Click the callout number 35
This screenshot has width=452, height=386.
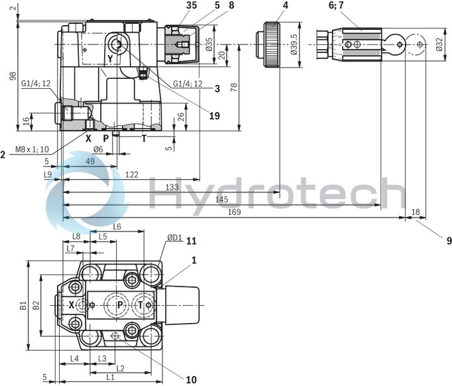(x=174, y=5)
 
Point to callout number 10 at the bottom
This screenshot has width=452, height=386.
(x=192, y=379)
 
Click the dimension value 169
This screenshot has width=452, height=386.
(x=235, y=212)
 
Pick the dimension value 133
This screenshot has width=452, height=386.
(x=171, y=188)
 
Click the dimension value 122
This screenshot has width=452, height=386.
(x=131, y=174)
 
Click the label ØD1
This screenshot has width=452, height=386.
(x=174, y=237)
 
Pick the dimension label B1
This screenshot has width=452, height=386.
(x=23, y=305)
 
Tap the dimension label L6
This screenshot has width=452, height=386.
(x=117, y=226)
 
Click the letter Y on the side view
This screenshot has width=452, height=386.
(x=110, y=58)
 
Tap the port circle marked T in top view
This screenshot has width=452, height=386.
(x=141, y=305)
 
